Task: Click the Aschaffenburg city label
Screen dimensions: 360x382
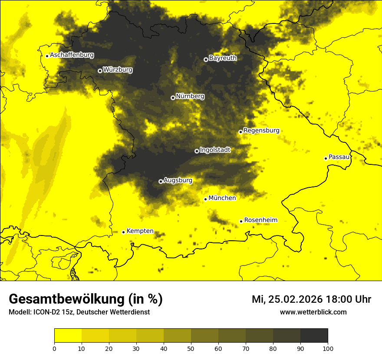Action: coord(72,55)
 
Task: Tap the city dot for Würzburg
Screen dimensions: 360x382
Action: coord(100,71)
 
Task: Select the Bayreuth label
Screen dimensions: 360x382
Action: coord(223,58)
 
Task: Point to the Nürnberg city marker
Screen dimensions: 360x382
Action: coord(173,98)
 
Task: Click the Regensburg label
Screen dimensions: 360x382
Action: coord(261,131)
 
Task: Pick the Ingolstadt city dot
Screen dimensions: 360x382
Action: coord(197,151)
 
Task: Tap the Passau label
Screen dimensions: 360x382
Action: coord(339,157)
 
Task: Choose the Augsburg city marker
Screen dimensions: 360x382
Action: coord(161,181)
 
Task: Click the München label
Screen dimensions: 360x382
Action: coord(222,198)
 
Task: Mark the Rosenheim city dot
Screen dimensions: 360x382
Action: coord(241,221)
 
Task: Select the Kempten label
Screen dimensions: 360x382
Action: coord(140,231)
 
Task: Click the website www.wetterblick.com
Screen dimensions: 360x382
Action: coord(313,312)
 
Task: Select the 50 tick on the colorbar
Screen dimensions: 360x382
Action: coord(191,348)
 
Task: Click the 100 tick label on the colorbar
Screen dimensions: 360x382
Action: coord(328,348)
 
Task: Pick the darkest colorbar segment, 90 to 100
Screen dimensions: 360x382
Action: coord(314,336)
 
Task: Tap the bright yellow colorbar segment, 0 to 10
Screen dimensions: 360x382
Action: coord(68,336)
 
